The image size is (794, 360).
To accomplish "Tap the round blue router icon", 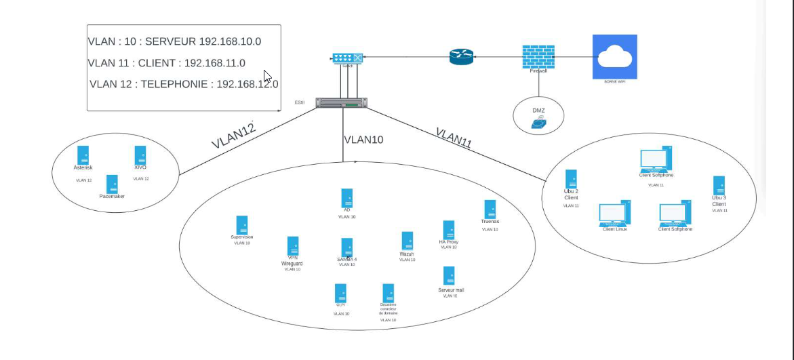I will click(x=461, y=57).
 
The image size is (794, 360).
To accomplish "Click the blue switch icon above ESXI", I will click(x=348, y=60).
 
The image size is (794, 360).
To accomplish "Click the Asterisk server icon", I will click(x=83, y=155).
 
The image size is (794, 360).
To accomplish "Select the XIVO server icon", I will click(x=140, y=155).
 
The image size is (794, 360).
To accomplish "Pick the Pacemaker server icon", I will click(x=112, y=184).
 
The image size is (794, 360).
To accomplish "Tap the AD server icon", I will click(x=347, y=197).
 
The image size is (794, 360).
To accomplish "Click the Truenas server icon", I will click(x=490, y=209).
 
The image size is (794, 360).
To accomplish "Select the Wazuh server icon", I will click(x=407, y=241).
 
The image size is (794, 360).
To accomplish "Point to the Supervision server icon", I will click(x=241, y=225).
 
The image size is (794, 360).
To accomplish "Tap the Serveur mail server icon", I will click(x=448, y=275).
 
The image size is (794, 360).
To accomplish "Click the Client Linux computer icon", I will click(x=614, y=213).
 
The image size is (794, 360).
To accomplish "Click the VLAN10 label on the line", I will click(x=363, y=140).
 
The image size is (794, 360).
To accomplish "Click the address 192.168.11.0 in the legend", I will click(x=215, y=63).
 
